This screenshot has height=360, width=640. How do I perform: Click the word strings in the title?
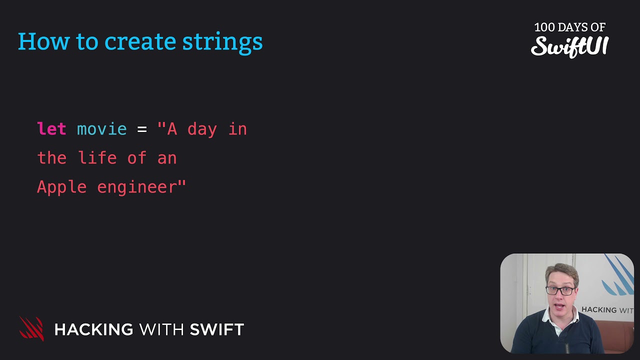pos(222,42)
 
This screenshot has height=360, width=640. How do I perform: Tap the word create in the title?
pos(140,42)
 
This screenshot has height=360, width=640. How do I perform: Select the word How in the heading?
pos(44,42)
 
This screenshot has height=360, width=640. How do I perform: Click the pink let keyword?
pos(51,129)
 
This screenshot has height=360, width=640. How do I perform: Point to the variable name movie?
pos(101,129)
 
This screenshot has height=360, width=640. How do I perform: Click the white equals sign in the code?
pos(142,129)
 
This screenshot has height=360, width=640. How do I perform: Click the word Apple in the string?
pos(61,187)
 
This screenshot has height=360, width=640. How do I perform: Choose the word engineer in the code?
pos(136,187)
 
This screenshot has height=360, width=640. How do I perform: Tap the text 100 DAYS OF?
pos(569,27)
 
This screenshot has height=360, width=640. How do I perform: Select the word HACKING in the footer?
pos(93,329)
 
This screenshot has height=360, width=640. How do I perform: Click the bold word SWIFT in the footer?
pos(216,329)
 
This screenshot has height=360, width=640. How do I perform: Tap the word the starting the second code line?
pos(51,158)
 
